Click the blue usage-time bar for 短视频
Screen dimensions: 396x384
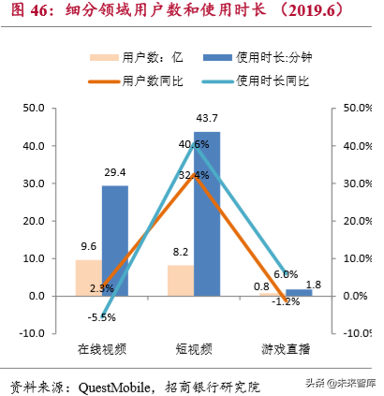207,213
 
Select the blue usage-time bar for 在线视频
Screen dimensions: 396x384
115,241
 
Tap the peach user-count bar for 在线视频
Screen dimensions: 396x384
88,277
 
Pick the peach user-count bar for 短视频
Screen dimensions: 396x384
180,280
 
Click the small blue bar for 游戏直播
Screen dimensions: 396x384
299,292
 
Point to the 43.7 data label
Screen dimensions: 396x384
208,119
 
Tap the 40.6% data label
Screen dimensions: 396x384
192,143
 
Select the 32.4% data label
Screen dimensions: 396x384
192,175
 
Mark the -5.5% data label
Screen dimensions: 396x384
102,317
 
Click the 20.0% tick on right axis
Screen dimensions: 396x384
355,221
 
